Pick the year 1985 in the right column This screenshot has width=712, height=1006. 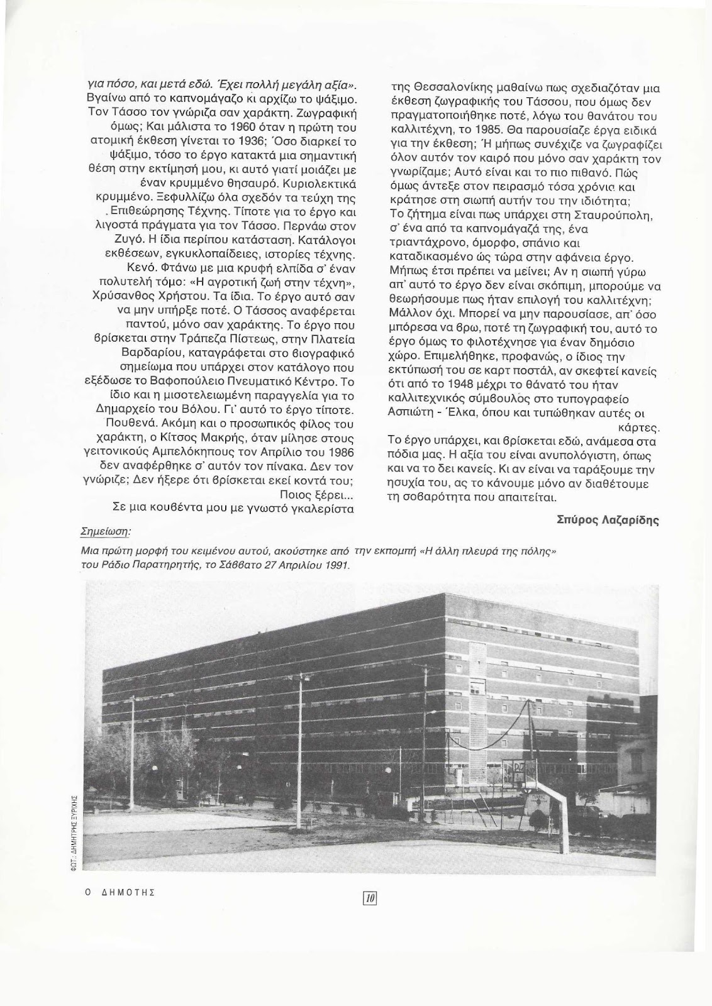pos(476,132)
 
